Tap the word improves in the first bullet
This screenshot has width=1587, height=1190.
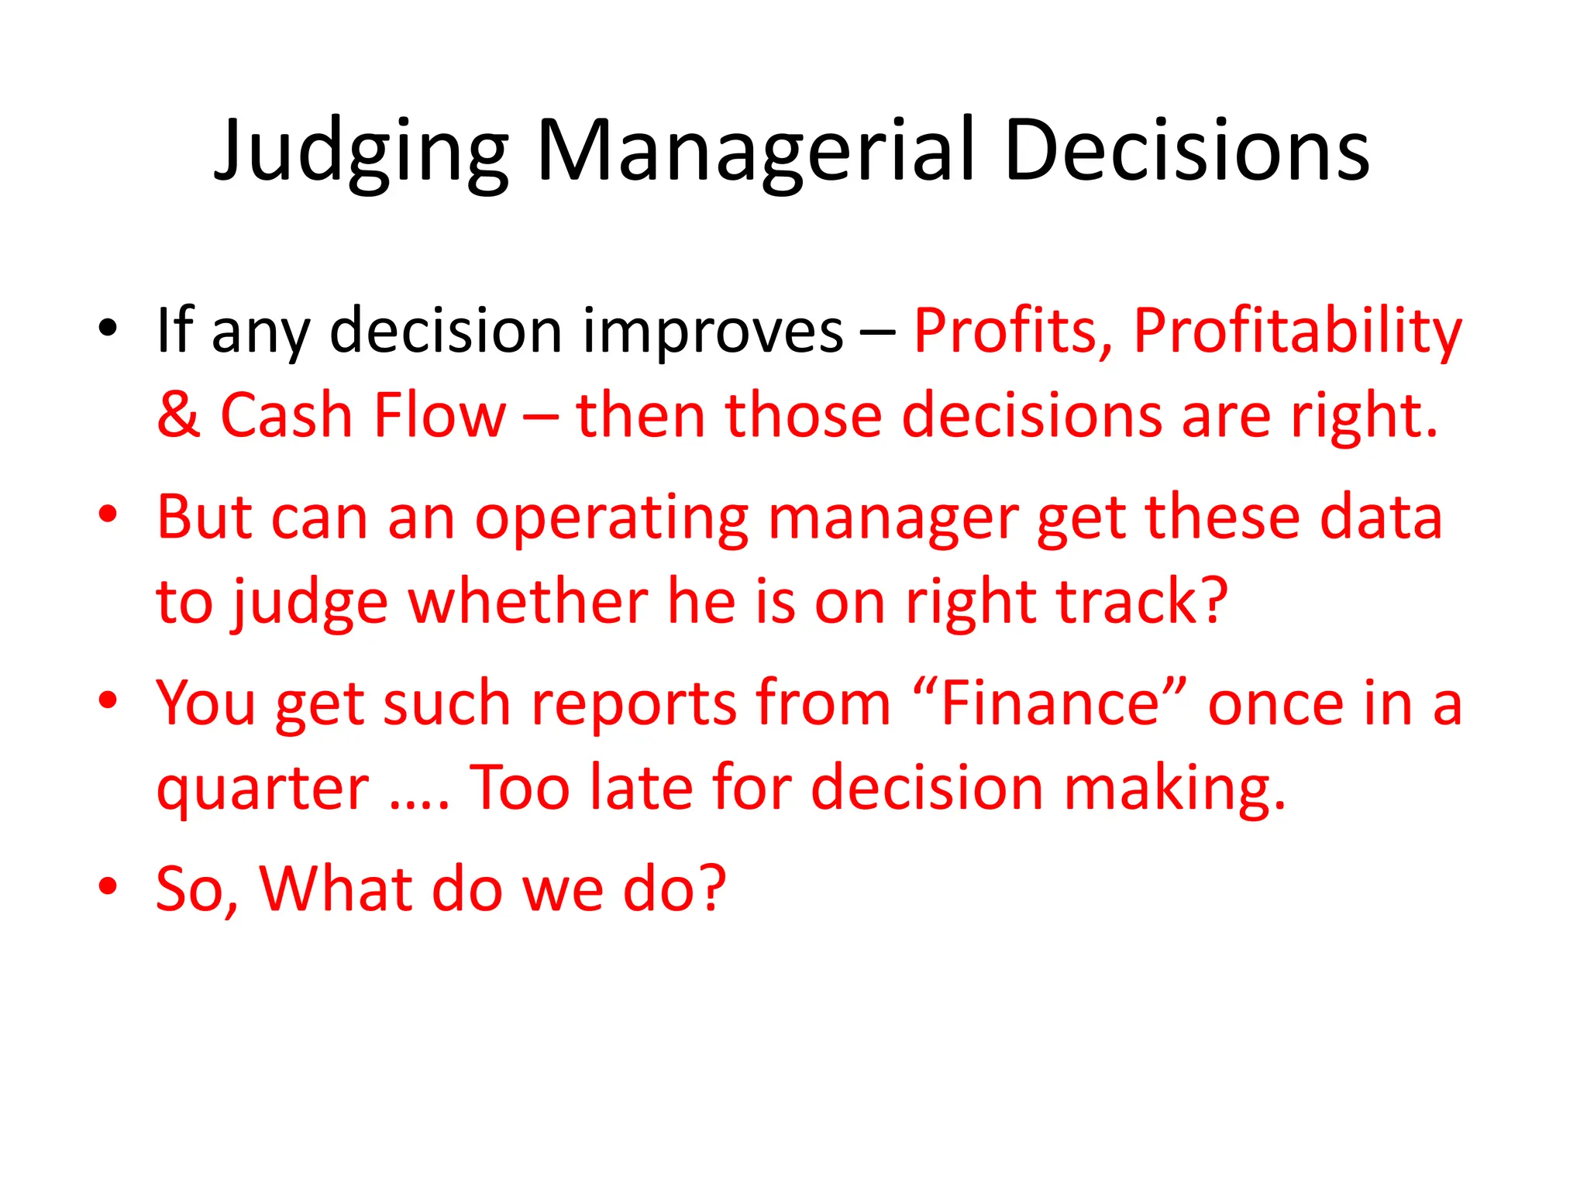(x=712, y=332)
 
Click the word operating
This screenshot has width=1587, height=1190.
(x=611, y=518)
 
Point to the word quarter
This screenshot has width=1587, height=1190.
(x=263, y=789)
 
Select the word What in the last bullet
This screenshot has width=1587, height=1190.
(x=336, y=889)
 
